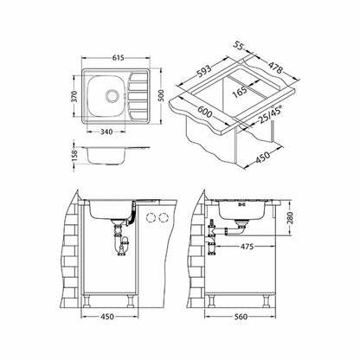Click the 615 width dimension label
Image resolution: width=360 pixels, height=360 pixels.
point(117,58)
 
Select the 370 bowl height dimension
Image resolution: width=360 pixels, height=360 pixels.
point(74,96)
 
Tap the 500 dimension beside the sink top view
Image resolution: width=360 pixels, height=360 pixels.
point(161,95)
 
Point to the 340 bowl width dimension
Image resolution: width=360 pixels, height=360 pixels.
point(106,132)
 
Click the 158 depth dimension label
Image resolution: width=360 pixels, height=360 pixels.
point(74,156)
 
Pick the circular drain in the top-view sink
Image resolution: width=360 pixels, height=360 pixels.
point(112,95)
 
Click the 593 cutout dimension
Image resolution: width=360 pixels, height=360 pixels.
point(204,72)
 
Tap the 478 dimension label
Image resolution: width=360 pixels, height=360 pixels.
point(275,67)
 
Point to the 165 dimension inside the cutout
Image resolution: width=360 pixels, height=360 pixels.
point(241,93)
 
